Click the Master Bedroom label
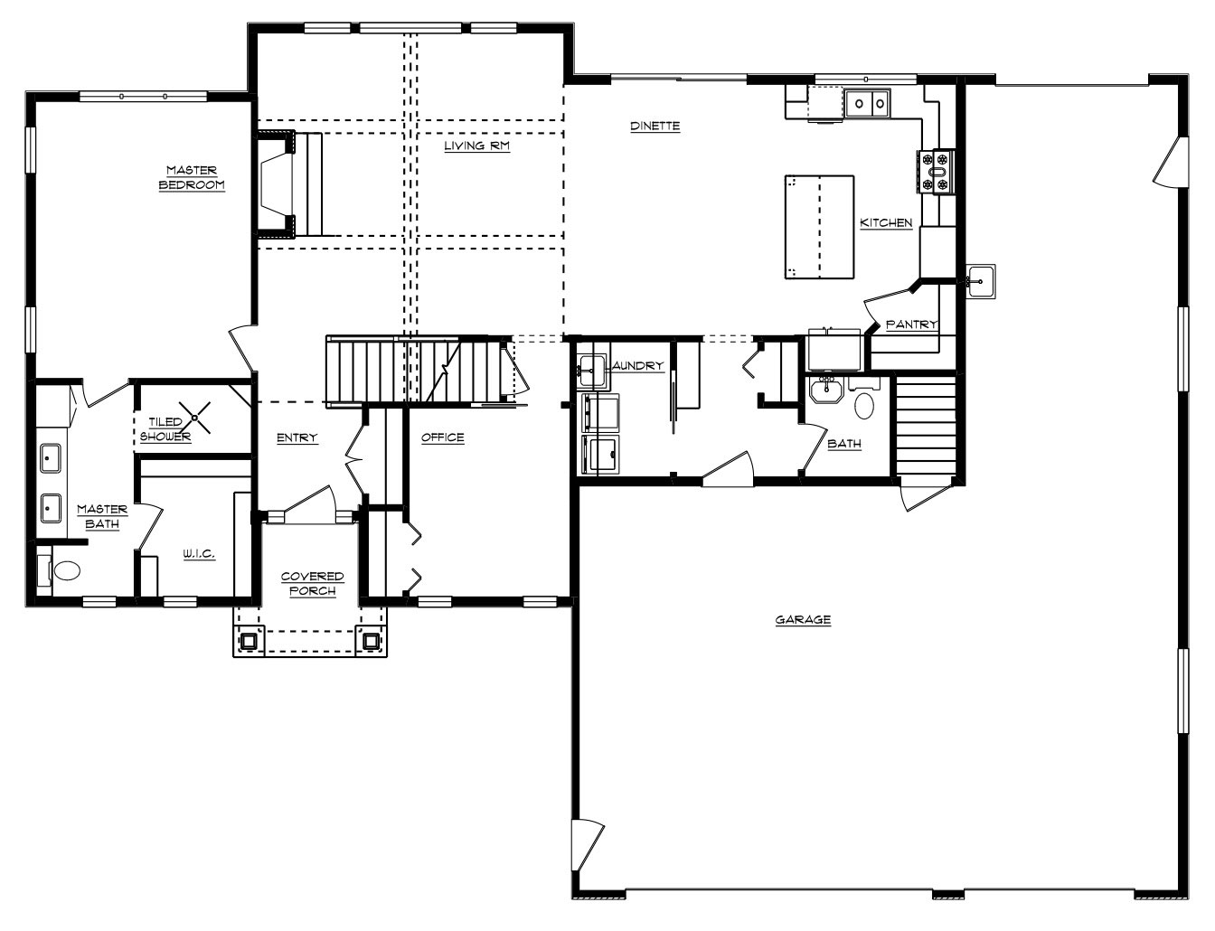click(x=192, y=177)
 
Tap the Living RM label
click(x=477, y=146)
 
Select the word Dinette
click(x=655, y=126)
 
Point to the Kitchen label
click(x=886, y=223)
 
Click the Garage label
click(x=803, y=620)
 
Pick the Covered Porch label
click(x=313, y=583)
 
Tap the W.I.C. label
click(x=199, y=554)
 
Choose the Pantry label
click(x=911, y=324)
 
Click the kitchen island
click(x=820, y=227)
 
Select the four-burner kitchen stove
click(x=936, y=172)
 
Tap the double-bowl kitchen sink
click(x=867, y=103)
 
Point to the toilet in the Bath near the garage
click(x=864, y=399)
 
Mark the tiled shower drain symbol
click(x=194, y=418)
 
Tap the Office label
click(x=443, y=437)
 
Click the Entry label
click(x=297, y=438)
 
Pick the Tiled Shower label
click(x=165, y=429)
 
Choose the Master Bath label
click(x=102, y=516)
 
